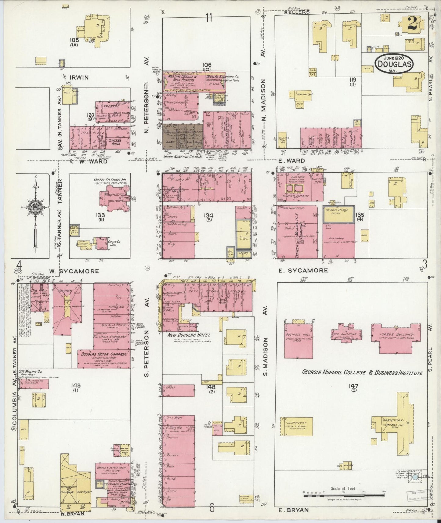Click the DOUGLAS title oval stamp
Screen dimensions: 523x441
(x=394, y=63)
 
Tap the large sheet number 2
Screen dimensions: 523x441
(x=412, y=23)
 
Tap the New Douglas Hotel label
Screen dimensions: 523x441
(x=189, y=335)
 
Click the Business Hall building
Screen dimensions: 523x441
(x=298, y=340)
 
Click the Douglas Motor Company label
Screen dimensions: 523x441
(x=104, y=355)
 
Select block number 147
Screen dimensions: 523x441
(x=354, y=386)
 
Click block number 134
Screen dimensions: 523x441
(x=209, y=215)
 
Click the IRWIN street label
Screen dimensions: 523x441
(x=78, y=78)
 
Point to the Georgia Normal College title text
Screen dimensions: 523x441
(x=362, y=373)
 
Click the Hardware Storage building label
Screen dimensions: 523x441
(x=339, y=210)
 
